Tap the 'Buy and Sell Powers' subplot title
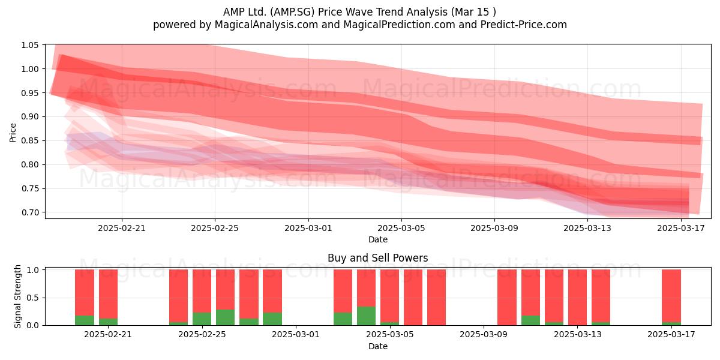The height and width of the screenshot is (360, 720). point(377,258)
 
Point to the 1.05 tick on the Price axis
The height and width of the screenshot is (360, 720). point(29,45)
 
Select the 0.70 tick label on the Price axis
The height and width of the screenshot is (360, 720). point(29,212)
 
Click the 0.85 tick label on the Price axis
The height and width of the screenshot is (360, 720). point(29,141)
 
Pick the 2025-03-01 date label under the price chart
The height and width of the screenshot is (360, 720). point(308,228)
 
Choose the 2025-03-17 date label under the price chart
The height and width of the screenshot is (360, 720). point(681,228)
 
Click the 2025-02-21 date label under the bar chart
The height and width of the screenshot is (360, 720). point(108,334)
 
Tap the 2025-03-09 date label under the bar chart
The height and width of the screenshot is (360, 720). point(484,334)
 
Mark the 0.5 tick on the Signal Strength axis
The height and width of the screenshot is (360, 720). point(34,298)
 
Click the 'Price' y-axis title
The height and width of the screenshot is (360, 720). point(13,133)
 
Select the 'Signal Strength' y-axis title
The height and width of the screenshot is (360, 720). point(17,296)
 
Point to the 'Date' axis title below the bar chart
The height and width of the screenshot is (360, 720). point(377,346)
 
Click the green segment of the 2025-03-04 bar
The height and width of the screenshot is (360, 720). point(366,316)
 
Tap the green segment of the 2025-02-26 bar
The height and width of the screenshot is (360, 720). point(225,317)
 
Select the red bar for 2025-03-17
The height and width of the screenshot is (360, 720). point(671,296)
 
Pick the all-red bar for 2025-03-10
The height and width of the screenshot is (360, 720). point(507,298)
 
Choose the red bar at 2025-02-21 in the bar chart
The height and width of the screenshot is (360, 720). point(108,294)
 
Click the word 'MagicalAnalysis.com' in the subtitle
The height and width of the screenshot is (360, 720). point(266,25)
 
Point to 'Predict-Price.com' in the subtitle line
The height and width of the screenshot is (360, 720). point(524,25)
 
